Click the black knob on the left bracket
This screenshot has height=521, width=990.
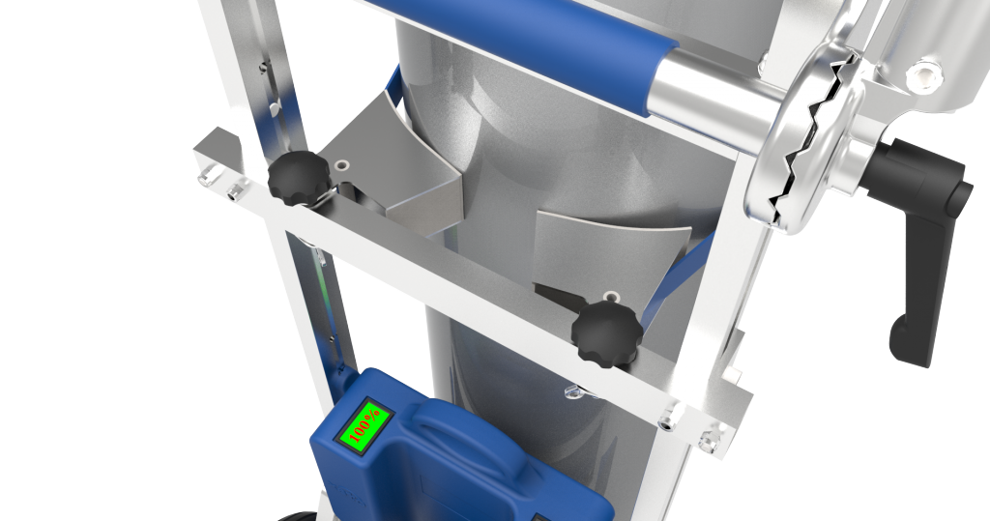coord(299,178)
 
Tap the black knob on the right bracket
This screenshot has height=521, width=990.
coord(607,333)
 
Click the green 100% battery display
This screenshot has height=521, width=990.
coord(365,423)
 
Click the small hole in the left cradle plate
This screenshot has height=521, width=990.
coord(342,165)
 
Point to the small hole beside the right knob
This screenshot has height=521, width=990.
coord(611,296)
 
